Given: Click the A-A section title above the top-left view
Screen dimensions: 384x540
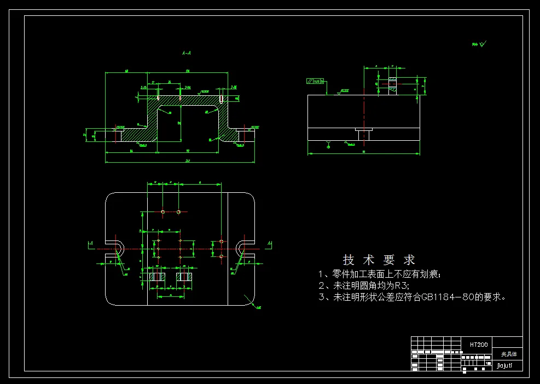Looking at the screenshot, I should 187,54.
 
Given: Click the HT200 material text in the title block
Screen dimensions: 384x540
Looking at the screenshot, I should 479,345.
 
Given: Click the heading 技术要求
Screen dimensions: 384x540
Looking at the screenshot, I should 379,260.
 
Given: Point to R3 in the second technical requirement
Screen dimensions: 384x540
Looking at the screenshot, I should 402,285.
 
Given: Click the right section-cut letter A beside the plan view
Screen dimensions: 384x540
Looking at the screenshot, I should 269,242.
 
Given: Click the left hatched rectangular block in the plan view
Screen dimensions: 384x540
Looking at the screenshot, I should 158,277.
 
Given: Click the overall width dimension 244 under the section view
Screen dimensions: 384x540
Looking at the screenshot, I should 181,161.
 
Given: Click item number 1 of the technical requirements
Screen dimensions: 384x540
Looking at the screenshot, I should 322,274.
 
